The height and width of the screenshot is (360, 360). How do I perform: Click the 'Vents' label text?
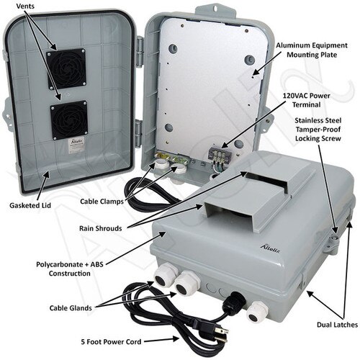click(24, 6)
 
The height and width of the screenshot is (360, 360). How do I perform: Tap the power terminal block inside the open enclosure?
click(217, 153)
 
